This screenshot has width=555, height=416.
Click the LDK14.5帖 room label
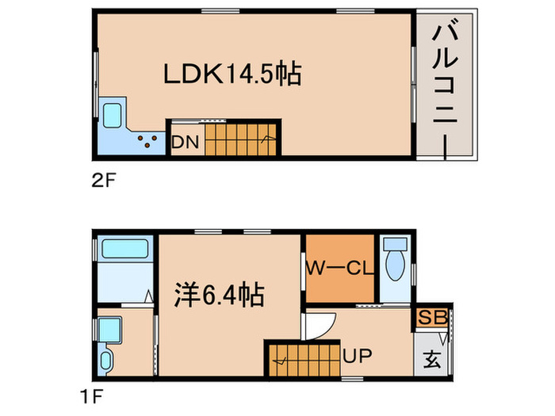click(232, 74)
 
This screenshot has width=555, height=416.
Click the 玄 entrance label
click(431, 358)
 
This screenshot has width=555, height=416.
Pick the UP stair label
click(357, 356)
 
